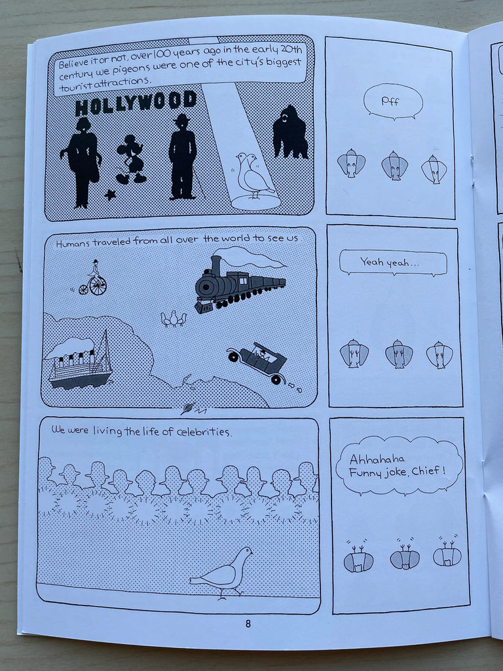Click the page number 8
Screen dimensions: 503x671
coord(248,624)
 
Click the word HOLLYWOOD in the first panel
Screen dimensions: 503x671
coord(136,104)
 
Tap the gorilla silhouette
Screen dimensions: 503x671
coord(290,132)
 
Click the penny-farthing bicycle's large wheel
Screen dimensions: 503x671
coord(98,286)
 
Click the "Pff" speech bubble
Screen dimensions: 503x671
coord(393,102)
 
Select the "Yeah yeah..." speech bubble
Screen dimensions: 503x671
coord(393,262)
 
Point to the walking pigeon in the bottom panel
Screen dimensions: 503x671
coord(221,573)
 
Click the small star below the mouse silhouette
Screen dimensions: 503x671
coord(110,195)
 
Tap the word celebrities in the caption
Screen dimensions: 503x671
coord(204,431)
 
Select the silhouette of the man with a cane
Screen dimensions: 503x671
coord(184,157)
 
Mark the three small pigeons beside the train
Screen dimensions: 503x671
coord(174,319)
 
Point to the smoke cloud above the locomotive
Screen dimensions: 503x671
coord(249,257)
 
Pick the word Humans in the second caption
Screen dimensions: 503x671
coord(73,244)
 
